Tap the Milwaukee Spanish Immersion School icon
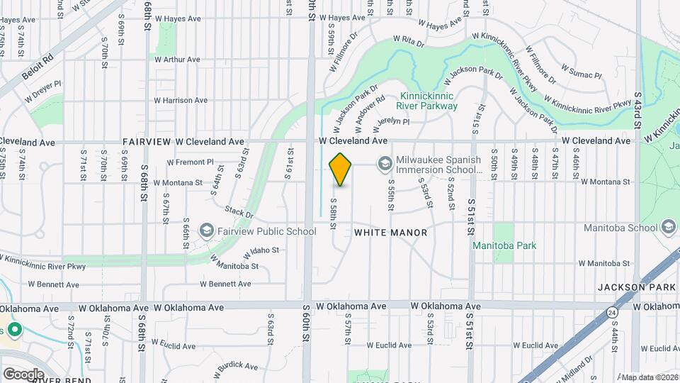point(385,164)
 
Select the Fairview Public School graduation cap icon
point(206,231)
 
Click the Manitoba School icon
point(668,228)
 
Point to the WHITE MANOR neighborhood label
point(390,233)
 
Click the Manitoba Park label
point(505,245)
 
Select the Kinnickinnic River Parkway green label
point(429,101)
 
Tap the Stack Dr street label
point(239,212)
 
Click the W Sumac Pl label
point(581,71)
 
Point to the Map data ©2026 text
point(649,377)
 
